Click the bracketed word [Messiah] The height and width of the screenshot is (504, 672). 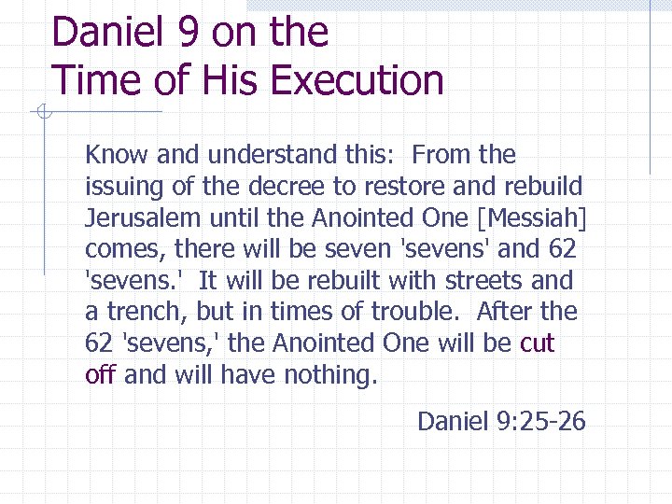[x=531, y=217]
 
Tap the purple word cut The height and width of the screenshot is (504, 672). [x=537, y=343]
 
